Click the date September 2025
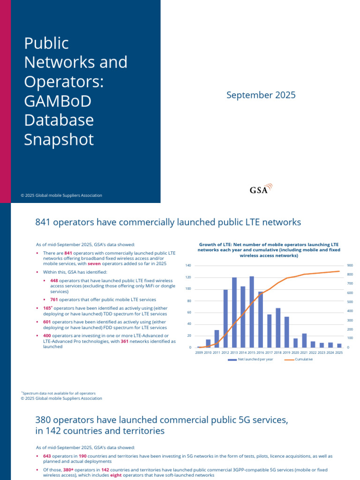click(261, 95)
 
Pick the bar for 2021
click(304, 340)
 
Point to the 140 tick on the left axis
click(188, 266)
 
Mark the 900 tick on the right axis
click(350, 266)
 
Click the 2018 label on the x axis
click(278, 352)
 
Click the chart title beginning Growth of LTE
click(269, 250)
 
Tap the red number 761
click(54, 300)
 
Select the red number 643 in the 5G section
click(47, 456)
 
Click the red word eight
click(117, 475)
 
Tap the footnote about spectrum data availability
click(59, 393)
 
